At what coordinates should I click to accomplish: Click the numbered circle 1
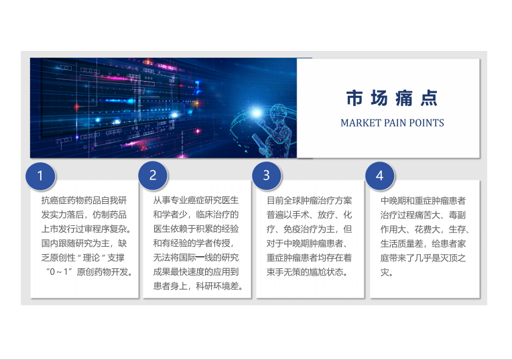(x=40, y=176)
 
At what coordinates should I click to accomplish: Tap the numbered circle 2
(x=153, y=176)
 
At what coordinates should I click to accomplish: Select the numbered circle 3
(x=266, y=176)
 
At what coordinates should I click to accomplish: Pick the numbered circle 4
(x=379, y=176)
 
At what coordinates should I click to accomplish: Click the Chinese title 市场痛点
(x=392, y=99)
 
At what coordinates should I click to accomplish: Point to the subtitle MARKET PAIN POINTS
(x=392, y=123)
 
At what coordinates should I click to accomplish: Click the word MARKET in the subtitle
(x=361, y=123)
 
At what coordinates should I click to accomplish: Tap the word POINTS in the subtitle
(x=426, y=123)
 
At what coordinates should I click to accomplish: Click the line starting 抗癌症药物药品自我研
(x=84, y=200)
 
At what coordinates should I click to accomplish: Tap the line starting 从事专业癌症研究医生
(x=196, y=200)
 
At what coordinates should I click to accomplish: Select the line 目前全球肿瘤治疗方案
(x=310, y=200)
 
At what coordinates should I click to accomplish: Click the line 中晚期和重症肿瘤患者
(x=423, y=200)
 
